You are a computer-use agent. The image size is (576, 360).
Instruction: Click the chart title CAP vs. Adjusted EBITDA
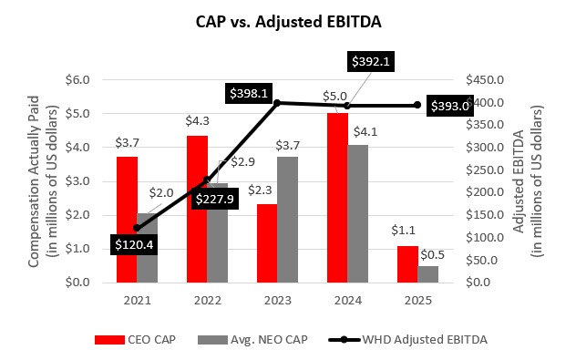[287, 19]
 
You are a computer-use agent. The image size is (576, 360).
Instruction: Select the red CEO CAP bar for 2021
[127, 219]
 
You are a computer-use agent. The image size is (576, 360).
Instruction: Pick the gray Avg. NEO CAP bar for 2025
[427, 273]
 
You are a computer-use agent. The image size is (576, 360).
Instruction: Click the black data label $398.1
[252, 92]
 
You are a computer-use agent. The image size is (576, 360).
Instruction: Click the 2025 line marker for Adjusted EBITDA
[417, 105]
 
